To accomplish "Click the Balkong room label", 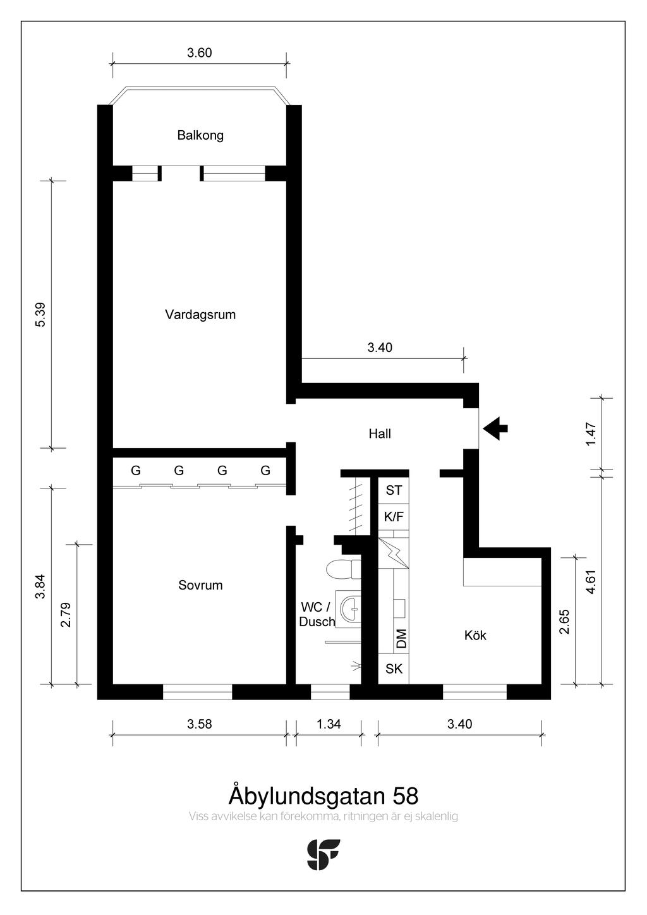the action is click(x=200, y=135).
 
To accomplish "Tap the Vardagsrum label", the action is click(x=200, y=315).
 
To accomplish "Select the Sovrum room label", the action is click(x=200, y=585).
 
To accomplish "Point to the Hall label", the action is click(x=380, y=433).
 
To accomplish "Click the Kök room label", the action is click(x=475, y=635).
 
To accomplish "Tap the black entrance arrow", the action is click(x=495, y=428).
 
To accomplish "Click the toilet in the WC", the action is click(x=344, y=569).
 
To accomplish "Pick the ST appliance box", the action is click(x=394, y=490).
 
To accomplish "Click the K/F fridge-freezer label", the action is click(x=394, y=517).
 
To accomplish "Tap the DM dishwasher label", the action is click(x=401, y=638).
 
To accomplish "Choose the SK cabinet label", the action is click(x=394, y=669).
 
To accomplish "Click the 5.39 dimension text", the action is click(x=40, y=314).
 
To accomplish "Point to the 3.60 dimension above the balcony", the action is click(x=199, y=52).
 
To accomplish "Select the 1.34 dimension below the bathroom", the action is click(x=329, y=724).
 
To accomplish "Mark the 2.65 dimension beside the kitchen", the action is click(x=564, y=621).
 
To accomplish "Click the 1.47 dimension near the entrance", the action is click(x=591, y=434).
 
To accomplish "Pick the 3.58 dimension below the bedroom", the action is click(x=199, y=724).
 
